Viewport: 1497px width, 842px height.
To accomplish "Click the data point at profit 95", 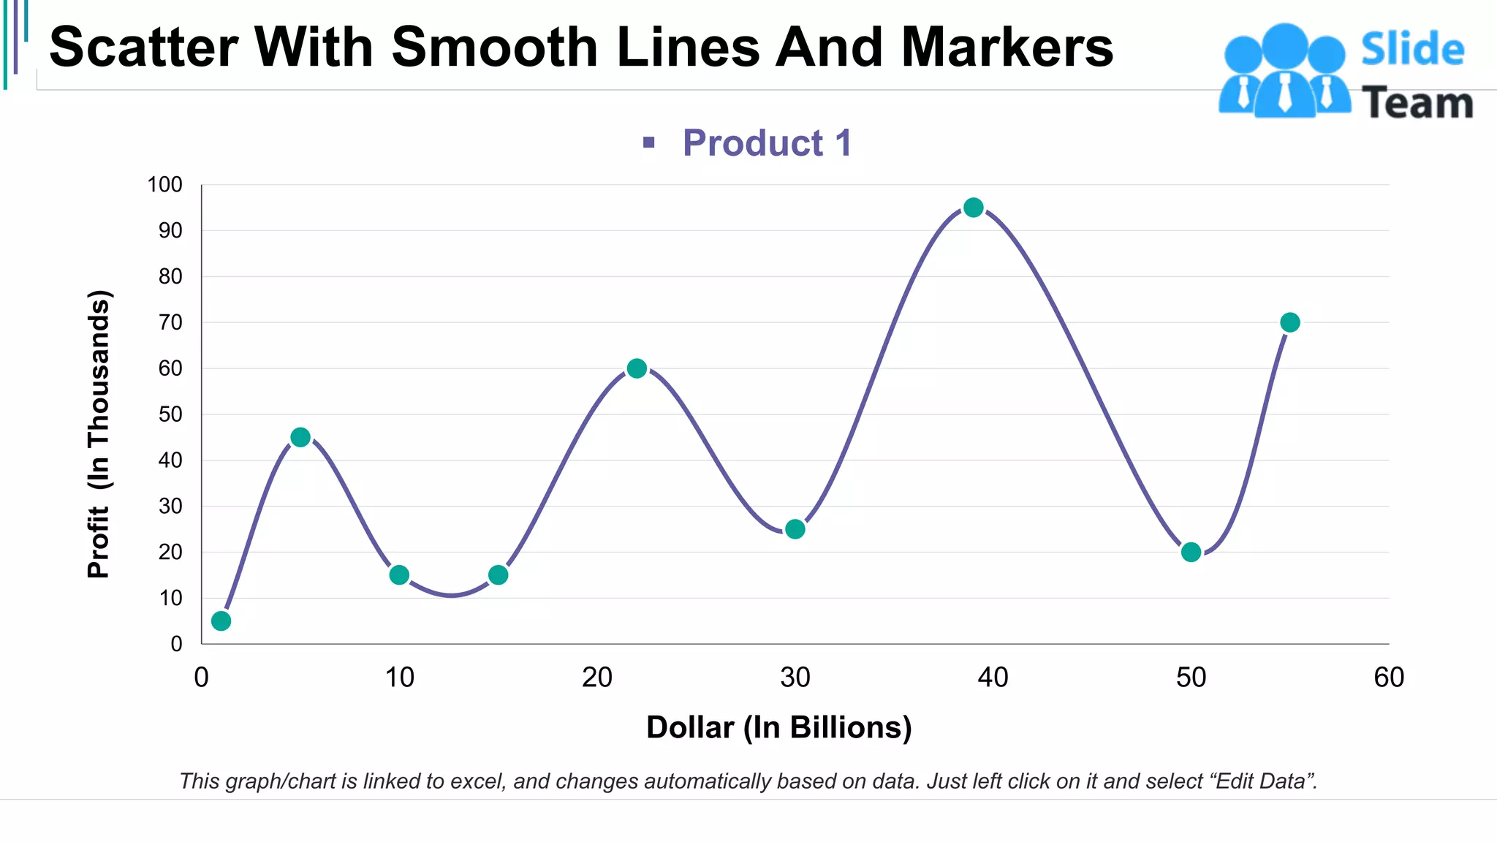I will pos(973,208).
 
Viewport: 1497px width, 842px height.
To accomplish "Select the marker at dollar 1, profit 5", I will pos(221,621).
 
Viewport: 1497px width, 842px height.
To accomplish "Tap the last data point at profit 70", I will pos(1290,322).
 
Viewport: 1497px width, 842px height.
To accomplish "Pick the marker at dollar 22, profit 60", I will pos(637,368).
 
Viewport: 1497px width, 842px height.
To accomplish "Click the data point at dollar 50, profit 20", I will pos(1191,552).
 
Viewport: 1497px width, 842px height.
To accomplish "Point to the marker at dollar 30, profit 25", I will pos(795,529).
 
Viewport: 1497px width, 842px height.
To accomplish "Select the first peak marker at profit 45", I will pos(300,437).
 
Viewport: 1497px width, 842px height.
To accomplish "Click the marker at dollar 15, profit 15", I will pos(499,575).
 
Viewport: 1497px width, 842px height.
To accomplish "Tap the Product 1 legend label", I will pos(767,143).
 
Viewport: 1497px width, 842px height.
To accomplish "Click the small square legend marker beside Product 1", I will pos(648,143).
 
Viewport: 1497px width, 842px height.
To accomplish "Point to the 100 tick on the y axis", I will pos(164,185).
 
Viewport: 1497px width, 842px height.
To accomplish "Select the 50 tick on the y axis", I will pos(170,414).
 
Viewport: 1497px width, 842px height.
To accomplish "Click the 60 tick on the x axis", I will pos(1388,678).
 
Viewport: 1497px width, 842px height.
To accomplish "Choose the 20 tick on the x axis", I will pos(596,678).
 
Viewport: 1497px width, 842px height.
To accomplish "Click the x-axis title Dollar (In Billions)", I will pos(778,727).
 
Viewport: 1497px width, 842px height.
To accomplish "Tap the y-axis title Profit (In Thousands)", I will pos(98,434).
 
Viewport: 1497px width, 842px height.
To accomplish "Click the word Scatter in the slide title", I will pos(143,47).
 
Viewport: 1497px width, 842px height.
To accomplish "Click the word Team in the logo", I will pos(1417,103).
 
